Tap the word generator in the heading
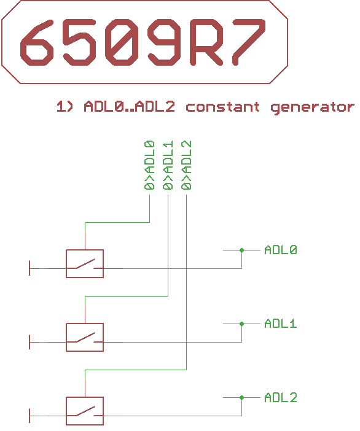[312, 107]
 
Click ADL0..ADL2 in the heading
[129, 107]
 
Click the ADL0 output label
[281, 250]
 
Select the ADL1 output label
[281, 324]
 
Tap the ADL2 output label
[281, 397]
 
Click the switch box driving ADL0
[85, 264]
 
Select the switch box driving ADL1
[85, 338]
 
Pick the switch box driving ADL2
[85, 411]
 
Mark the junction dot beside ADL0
[241, 250]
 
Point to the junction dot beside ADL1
[241, 324]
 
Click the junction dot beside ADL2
[241, 397]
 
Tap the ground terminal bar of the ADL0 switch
[29, 268]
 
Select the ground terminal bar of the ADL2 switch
[29, 416]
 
